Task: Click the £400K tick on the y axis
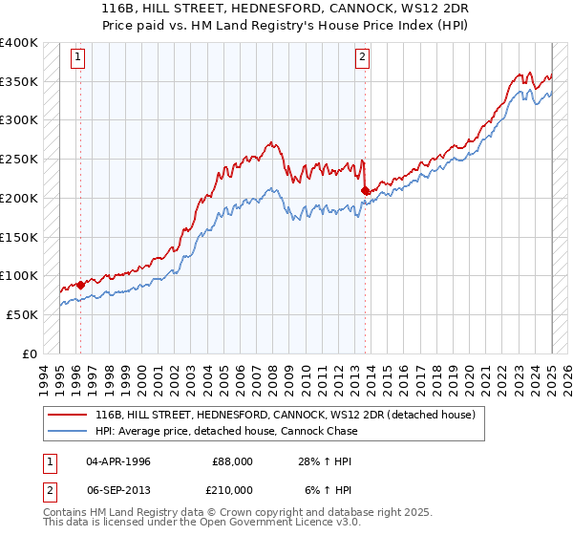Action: pos(19,43)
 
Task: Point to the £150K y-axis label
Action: pos(19,237)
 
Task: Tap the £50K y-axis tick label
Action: pos(22,314)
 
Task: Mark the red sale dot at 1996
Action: pos(80,285)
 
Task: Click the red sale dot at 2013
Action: pos(365,190)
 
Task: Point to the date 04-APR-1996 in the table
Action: pos(118,461)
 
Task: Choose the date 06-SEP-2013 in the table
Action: pos(118,489)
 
